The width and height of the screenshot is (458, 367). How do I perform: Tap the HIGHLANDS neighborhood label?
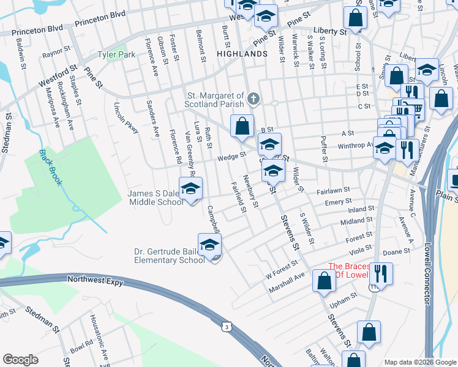click(242, 54)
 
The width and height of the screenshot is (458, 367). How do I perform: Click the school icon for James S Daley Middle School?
click(190, 188)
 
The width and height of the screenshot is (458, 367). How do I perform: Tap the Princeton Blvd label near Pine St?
click(100, 30)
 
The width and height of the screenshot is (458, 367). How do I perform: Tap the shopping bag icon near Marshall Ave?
click(323, 281)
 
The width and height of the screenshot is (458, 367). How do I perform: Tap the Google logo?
click(20, 360)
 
